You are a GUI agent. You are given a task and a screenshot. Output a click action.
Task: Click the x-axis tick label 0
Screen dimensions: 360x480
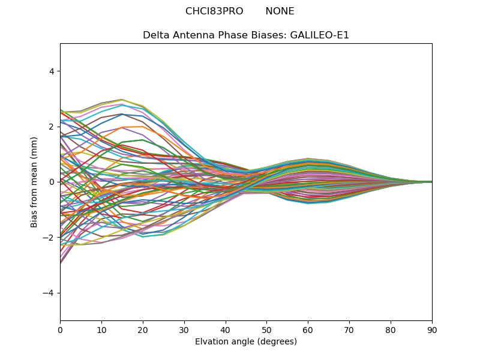coord(60,329)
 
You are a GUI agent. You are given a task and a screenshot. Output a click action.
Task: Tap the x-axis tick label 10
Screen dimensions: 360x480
coord(101,329)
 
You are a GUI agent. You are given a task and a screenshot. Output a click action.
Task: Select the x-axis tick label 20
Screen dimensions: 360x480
coord(143,329)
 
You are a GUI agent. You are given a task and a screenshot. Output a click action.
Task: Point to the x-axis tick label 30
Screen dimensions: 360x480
coord(184,329)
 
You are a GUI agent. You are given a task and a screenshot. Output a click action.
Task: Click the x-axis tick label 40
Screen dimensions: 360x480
coord(226,329)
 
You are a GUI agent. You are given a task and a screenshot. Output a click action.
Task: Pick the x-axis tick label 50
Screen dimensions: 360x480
coord(266,329)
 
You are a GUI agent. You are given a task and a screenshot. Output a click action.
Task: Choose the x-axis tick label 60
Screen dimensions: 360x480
coord(308,329)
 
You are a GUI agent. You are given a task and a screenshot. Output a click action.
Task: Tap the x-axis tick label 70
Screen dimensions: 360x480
coord(349,329)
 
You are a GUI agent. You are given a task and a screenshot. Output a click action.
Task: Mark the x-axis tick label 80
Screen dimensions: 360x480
coord(391,329)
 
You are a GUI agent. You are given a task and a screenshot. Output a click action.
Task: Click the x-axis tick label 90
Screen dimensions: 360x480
coord(432,329)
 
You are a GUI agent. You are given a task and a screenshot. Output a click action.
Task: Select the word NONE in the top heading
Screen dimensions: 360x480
coord(280,11)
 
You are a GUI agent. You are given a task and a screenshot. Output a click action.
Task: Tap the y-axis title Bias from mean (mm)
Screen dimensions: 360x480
coord(35,182)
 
